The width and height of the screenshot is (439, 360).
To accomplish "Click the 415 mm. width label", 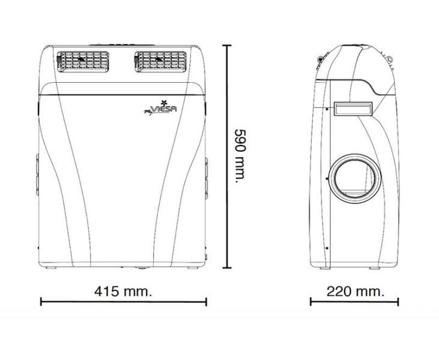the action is (x=123, y=292).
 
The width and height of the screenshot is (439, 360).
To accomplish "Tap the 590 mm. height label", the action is (x=240, y=156).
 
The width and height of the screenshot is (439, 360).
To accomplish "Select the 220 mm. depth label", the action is (x=356, y=292).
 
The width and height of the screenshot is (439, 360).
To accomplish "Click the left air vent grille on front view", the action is (x=83, y=62).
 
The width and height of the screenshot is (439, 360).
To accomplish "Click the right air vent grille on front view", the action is (x=160, y=62).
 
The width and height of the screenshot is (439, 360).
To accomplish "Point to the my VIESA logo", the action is (x=161, y=108).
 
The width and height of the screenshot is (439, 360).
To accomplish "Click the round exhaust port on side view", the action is (x=355, y=178).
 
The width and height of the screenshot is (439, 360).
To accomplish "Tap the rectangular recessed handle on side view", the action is (x=353, y=109).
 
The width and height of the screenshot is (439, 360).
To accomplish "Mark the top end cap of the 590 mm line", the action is (x=227, y=45).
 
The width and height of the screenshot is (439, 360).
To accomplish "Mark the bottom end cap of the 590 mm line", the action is (x=227, y=268).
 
